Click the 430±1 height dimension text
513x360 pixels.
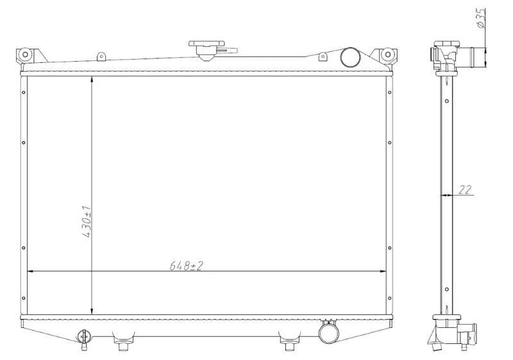tap(87, 221)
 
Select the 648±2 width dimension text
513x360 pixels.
tap(186, 266)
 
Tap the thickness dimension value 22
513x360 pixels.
tap(465, 190)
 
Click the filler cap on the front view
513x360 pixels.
tap(206, 51)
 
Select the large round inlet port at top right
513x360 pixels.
tap(350, 57)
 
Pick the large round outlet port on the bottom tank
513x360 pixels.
tap(328, 333)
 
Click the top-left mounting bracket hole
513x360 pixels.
tap(25, 55)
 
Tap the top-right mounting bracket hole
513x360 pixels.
tap(387, 55)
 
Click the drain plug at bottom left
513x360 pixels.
tap(84, 339)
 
